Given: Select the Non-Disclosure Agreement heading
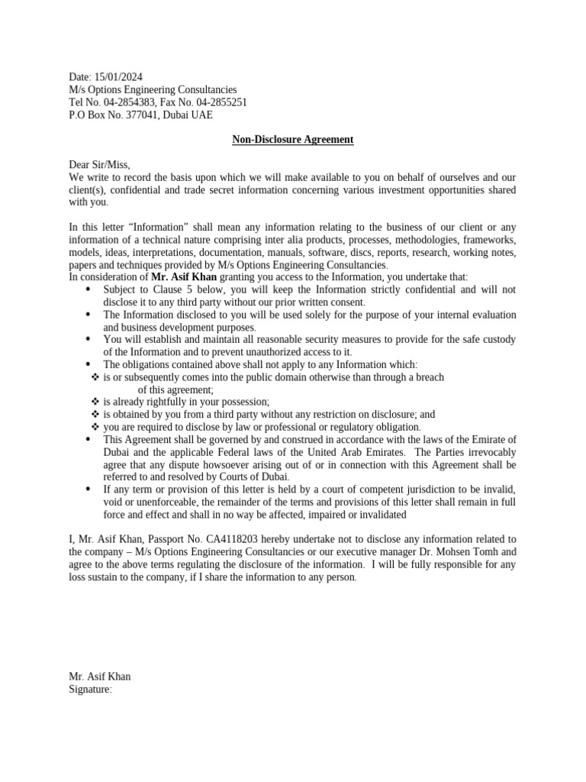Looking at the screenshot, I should click(x=292, y=140).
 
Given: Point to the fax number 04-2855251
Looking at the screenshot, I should click(x=218, y=102).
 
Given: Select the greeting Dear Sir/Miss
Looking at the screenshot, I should click(x=99, y=165).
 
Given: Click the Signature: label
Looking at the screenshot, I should click(x=90, y=689).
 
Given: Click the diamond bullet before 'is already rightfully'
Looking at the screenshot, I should click(x=95, y=402).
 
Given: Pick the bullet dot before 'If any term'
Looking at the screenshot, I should click(x=88, y=489).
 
